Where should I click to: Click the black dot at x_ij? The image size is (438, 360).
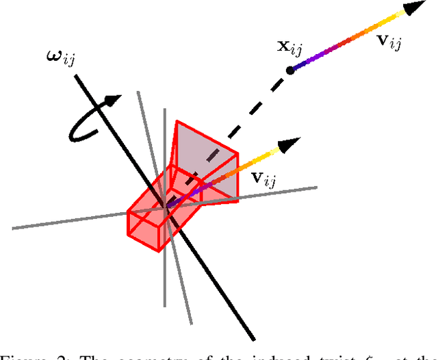tap(289, 69)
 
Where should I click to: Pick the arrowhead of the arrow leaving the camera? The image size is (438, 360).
tap(292, 143)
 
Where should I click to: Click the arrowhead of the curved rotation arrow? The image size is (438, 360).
tap(113, 101)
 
